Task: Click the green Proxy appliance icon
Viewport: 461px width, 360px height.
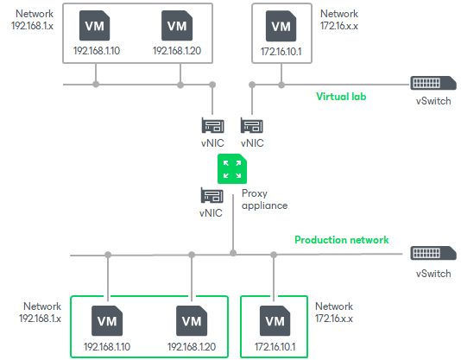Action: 231,168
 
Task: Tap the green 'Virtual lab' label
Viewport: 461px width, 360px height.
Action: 341,97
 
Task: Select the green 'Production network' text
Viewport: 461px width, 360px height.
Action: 341,239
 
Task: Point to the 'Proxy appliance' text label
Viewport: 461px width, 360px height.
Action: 264,200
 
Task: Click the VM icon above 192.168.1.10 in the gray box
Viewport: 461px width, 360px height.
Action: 95,26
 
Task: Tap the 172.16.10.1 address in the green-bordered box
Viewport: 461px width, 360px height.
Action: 275,348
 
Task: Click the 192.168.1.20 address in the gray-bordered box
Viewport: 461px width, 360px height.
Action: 177,52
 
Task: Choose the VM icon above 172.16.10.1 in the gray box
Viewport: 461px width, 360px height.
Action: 281,26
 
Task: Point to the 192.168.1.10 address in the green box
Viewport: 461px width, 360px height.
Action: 107,348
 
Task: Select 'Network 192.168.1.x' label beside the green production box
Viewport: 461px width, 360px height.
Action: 41,313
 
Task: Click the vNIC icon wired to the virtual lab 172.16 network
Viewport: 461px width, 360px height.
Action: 252,126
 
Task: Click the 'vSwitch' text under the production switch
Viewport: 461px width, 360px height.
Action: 433,274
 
